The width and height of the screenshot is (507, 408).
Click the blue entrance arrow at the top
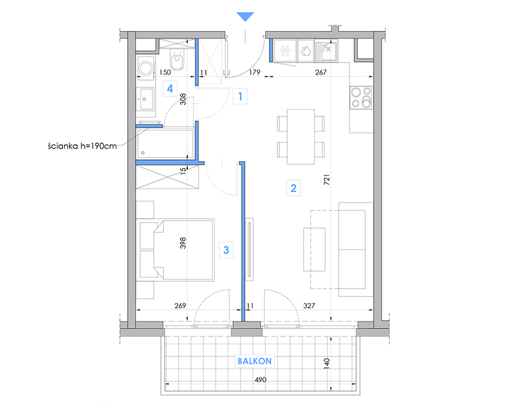point(245,16)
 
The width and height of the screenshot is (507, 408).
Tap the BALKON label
point(254,361)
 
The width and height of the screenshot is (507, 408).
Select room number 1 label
point(240,96)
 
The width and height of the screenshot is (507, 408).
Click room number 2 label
point(293,188)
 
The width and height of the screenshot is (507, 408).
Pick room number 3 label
point(227,250)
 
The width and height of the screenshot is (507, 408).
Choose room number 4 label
point(170,89)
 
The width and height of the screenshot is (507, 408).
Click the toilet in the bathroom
point(177,59)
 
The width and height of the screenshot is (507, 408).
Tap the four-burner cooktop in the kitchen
point(361,98)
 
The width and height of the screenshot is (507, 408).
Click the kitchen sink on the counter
point(326,51)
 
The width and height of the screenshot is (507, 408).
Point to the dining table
point(301,136)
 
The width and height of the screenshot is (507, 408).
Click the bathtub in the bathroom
point(165,144)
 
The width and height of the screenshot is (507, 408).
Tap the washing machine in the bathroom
point(146,67)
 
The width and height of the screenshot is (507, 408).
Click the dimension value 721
point(326,179)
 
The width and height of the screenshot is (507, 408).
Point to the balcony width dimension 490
point(260,380)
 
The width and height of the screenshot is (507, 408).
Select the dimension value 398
point(183,243)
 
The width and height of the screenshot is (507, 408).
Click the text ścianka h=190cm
point(82,146)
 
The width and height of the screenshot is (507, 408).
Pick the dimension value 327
point(309,306)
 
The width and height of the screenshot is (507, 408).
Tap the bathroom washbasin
point(145,99)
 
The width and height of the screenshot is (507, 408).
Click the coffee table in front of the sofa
point(314,249)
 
